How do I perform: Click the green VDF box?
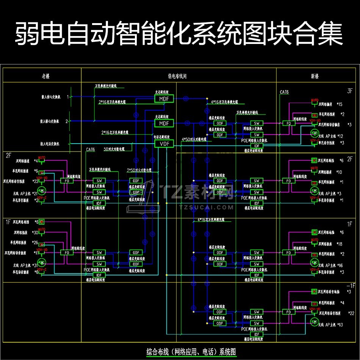[164, 144]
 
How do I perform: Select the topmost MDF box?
[164, 99]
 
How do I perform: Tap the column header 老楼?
[45, 76]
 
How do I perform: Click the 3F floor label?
[349, 91]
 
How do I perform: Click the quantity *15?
[339, 104]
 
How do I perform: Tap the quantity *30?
[36, 232]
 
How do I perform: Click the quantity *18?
[339, 244]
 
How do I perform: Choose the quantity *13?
[340, 324]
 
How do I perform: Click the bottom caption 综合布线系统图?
[191, 352]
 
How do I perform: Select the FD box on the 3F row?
[288, 123]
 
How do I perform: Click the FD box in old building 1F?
[67, 252]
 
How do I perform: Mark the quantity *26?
[35, 242]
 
